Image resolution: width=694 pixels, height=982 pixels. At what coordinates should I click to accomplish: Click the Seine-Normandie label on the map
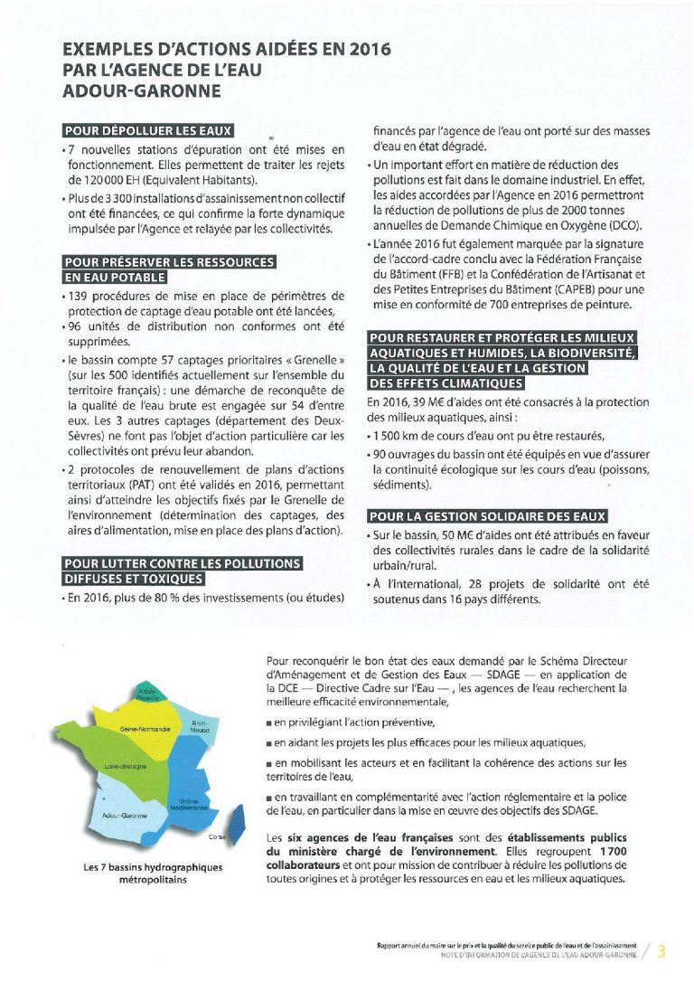(145, 728)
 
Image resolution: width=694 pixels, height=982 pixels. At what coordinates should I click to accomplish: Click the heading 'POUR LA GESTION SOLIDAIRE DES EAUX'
(488, 516)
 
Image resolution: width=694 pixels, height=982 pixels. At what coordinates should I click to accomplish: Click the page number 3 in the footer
(661, 950)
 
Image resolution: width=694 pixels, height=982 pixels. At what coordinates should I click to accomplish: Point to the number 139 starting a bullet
(80, 296)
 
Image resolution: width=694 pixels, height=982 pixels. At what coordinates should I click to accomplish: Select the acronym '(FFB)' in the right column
(460, 274)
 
